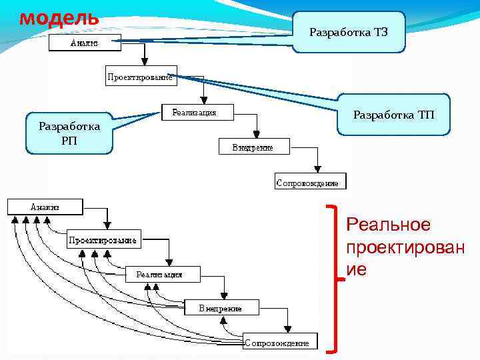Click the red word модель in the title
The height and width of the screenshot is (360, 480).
point(59,17)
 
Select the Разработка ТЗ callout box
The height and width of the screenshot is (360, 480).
point(349,32)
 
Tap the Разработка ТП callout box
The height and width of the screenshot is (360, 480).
point(393,115)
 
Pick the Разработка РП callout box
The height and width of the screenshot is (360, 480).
point(69,133)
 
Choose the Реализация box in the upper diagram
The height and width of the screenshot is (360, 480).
point(199,112)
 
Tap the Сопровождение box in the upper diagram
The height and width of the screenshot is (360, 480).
point(307,181)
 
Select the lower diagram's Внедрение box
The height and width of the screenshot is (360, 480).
point(221,308)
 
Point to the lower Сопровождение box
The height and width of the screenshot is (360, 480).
point(277,343)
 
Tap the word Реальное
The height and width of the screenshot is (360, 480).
point(388,225)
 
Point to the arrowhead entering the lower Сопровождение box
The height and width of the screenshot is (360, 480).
point(287,328)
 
